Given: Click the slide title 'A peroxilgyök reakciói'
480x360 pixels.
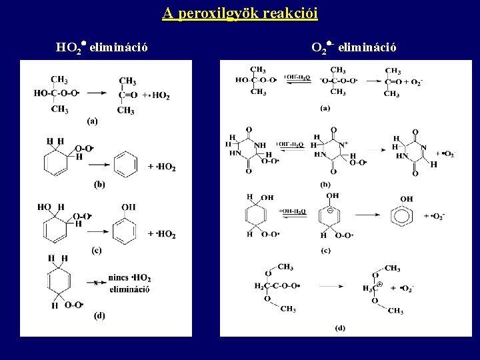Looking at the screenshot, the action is pos(240,13).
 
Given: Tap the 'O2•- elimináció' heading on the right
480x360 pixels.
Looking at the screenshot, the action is pos(353,47).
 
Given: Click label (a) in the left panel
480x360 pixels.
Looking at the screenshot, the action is pos(92,121).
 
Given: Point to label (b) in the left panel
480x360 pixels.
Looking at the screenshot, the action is pos(99,183).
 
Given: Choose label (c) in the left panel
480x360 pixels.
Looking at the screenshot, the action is pos(96,250).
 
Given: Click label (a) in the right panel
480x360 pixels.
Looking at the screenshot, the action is pos(325,107).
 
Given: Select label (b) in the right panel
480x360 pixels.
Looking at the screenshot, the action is pos(326,183).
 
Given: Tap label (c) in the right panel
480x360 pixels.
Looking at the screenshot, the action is pos(325,251).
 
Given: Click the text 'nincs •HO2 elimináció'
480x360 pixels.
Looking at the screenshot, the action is pos(129,283).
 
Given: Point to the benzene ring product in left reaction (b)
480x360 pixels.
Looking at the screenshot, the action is pos(127,163).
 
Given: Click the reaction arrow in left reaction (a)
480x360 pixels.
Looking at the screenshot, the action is pos(98,94).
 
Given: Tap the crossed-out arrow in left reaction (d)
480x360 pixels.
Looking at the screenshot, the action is pos(96,283).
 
